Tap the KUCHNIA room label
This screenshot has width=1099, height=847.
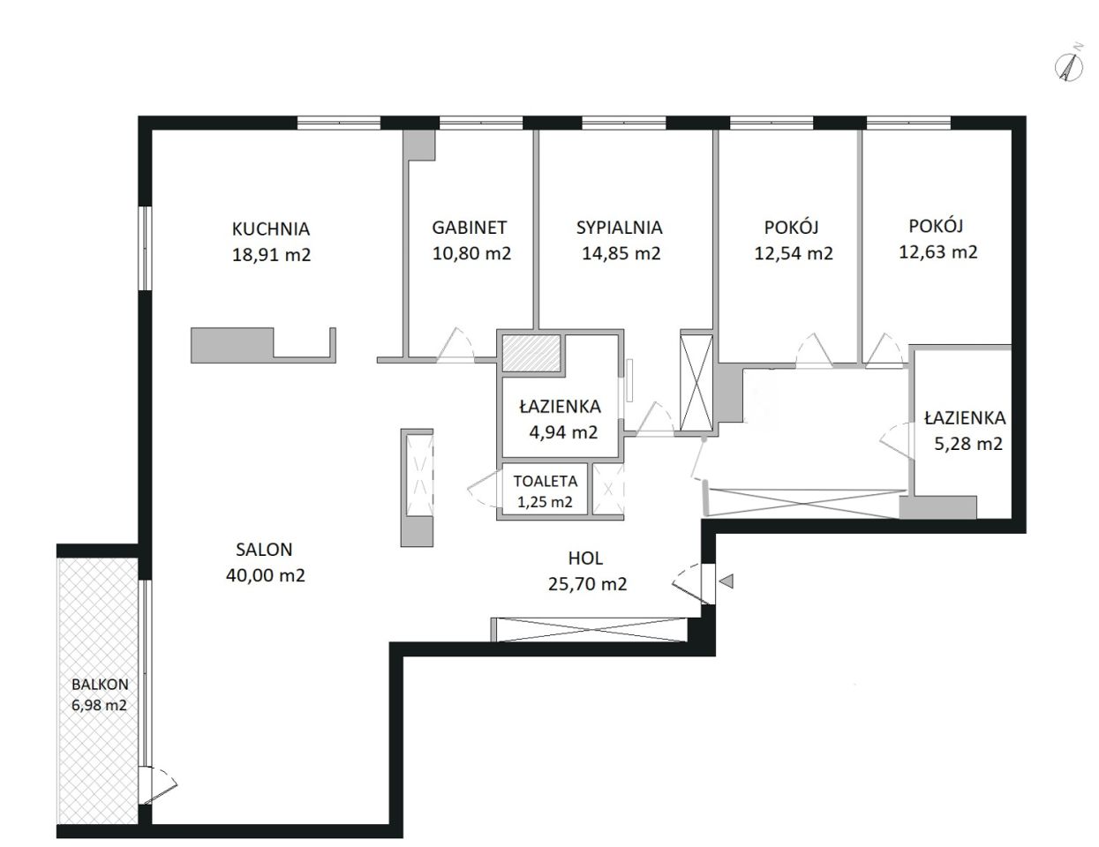point(271,229)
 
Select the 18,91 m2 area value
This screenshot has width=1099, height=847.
point(271,254)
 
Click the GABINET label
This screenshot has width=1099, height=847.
point(469,228)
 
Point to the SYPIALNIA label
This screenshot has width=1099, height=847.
point(619,228)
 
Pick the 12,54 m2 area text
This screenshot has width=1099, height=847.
point(794,252)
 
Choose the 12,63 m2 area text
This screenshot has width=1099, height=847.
point(937,251)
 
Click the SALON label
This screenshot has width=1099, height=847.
point(264,550)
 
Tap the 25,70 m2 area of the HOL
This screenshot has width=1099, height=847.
point(587,584)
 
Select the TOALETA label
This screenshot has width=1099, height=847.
point(546,481)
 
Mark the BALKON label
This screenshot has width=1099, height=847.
point(100,685)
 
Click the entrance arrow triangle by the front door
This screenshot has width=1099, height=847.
point(726,581)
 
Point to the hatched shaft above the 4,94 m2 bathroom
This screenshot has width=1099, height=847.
point(531,353)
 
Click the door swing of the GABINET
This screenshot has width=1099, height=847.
point(455,345)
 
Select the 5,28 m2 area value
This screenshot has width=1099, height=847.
point(968,443)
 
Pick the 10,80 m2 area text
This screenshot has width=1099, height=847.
point(471,252)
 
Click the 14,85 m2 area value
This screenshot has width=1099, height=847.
point(621,252)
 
